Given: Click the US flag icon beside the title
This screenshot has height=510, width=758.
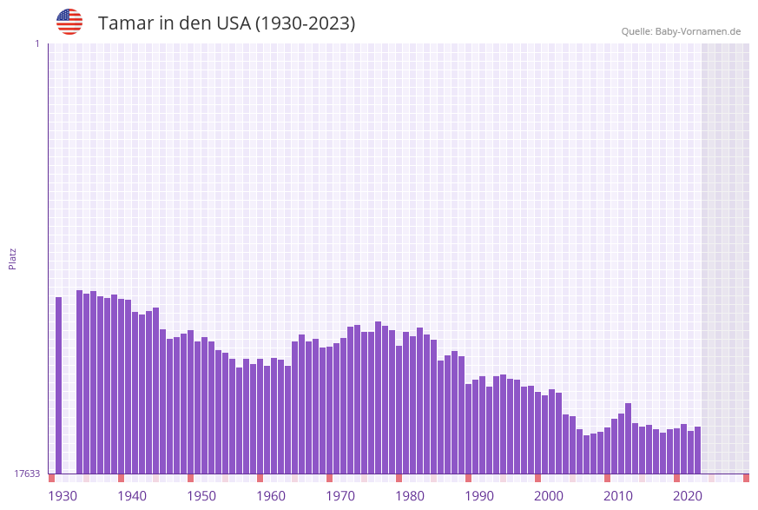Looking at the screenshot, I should pos(69,22).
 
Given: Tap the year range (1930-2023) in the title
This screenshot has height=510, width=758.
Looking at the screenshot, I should pos(305,23).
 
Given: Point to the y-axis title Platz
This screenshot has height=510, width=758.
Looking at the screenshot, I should pos(13,258).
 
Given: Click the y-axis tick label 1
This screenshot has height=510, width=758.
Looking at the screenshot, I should pos(36,43).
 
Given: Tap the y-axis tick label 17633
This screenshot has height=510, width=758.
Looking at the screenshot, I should pos(27,474).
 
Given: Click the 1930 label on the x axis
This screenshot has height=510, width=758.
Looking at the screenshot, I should pos(62,496).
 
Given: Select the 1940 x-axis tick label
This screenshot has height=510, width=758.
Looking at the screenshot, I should pos(132,496).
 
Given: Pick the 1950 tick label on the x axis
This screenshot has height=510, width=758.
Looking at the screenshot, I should pos(201,496).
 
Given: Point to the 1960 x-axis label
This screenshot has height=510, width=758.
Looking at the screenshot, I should pos(271,496).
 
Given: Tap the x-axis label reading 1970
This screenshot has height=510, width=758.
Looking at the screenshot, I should pos(340,496).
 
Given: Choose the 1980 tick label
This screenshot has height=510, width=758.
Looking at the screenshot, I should pos(410,496).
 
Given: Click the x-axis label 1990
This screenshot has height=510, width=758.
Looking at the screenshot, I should pos(479,496).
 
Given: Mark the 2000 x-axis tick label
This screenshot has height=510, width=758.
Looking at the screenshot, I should pos(549,496).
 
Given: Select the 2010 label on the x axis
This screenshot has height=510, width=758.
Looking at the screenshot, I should pos(618,496).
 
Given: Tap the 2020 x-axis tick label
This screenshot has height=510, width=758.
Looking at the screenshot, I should pos(688,496).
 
